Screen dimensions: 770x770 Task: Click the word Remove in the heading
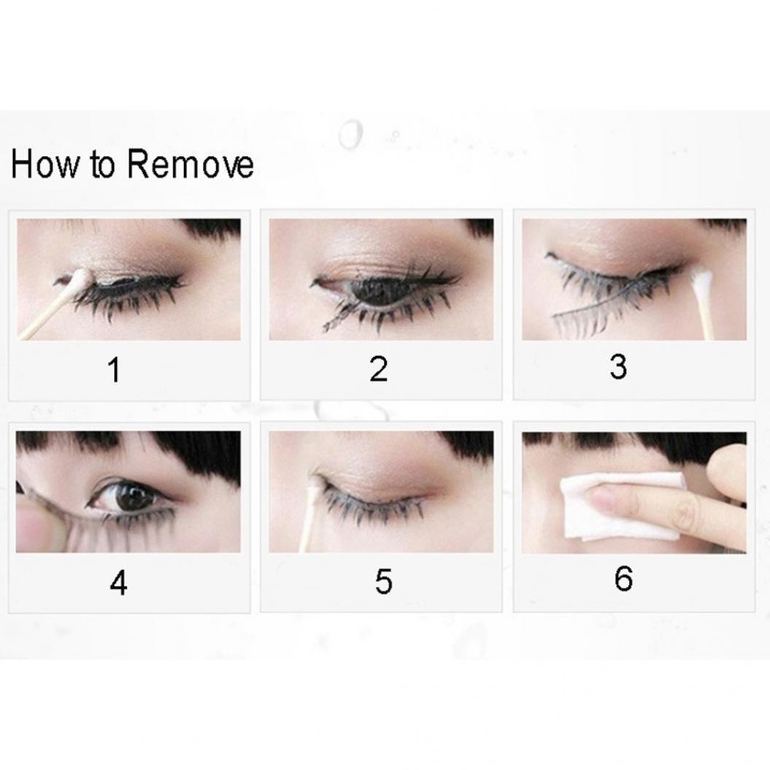(190, 164)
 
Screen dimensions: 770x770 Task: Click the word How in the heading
(44, 164)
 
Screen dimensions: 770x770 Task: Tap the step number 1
(115, 370)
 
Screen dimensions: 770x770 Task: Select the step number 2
(379, 369)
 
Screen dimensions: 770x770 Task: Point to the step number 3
(618, 367)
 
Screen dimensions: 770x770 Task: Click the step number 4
(119, 584)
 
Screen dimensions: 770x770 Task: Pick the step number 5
(383, 582)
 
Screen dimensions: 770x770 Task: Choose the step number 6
(623, 579)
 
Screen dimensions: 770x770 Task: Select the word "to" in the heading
(103, 165)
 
